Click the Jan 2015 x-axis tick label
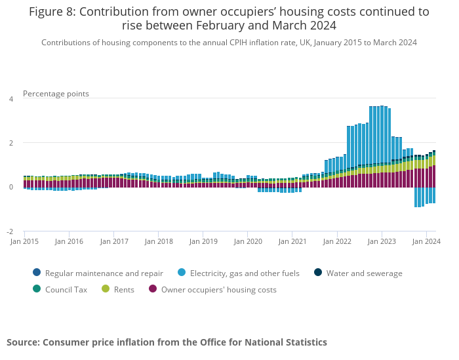click(x=25, y=241)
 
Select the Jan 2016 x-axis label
click(x=70, y=241)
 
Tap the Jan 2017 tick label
click(x=114, y=241)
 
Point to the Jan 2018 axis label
click(x=159, y=241)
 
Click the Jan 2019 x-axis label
click(x=203, y=241)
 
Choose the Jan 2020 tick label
click(x=248, y=241)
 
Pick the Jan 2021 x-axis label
click(x=292, y=241)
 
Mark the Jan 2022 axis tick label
click(x=337, y=241)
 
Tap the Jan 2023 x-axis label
click(x=382, y=241)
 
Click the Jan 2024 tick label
click(x=426, y=241)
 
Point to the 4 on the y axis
click(x=10, y=99)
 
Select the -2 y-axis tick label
click(x=9, y=232)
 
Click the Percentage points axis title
click(x=56, y=94)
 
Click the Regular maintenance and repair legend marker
click(x=36, y=273)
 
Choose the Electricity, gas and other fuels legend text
click(x=245, y=273)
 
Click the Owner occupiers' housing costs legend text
click(x=218, y=290)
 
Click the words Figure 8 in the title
click(x=51, y=12)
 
